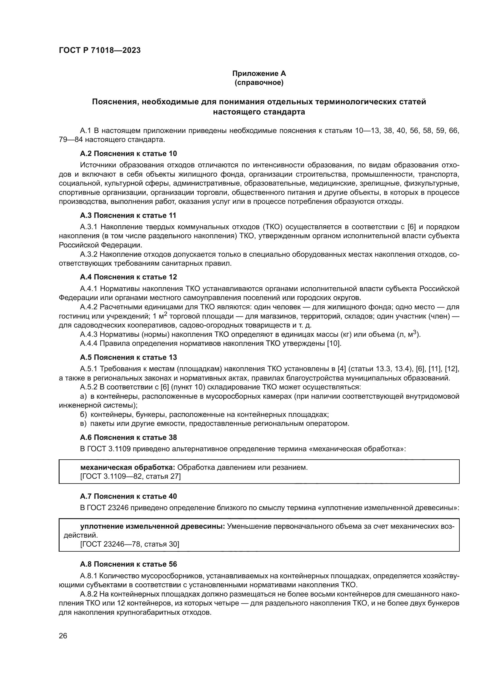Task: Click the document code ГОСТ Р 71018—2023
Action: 100,51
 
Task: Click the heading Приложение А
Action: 259,74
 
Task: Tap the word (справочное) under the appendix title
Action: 259,82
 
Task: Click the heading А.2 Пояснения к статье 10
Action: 128,153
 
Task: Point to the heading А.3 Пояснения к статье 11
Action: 128,215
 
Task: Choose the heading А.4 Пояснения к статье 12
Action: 128,277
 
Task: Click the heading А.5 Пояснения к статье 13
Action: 128,357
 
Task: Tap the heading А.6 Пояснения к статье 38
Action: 128,438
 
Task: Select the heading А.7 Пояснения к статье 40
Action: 128,496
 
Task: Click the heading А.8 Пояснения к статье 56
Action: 128,564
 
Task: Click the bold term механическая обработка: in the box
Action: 127,467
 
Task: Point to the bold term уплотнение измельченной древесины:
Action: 152,526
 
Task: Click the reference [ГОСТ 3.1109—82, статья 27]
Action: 130,476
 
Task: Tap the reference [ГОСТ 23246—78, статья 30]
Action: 130,544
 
